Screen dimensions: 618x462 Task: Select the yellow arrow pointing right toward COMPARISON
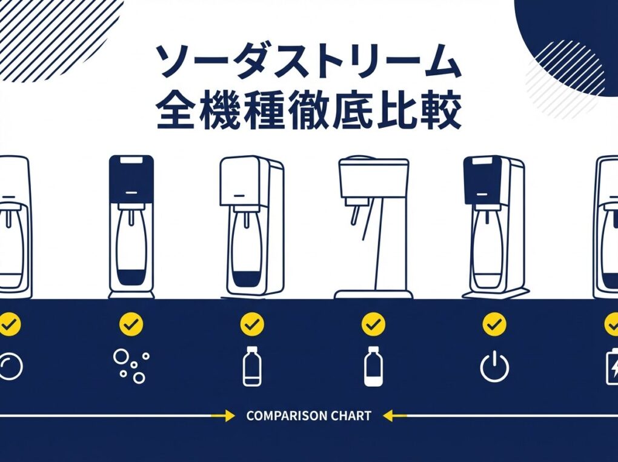click(223, 415)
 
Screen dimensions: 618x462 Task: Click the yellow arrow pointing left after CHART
click(394, 415)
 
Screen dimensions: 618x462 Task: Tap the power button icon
click(494, 367)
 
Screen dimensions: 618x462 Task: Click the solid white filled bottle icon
click(373, 366)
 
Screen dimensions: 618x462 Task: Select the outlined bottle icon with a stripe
click(252, 366)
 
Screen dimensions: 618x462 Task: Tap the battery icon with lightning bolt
click(612, 367)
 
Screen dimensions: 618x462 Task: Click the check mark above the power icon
click(494, 324)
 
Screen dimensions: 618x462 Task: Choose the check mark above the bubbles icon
click(131, 324)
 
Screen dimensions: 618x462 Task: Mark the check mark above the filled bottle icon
click(373, 324)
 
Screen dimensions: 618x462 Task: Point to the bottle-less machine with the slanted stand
click(373, 228)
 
